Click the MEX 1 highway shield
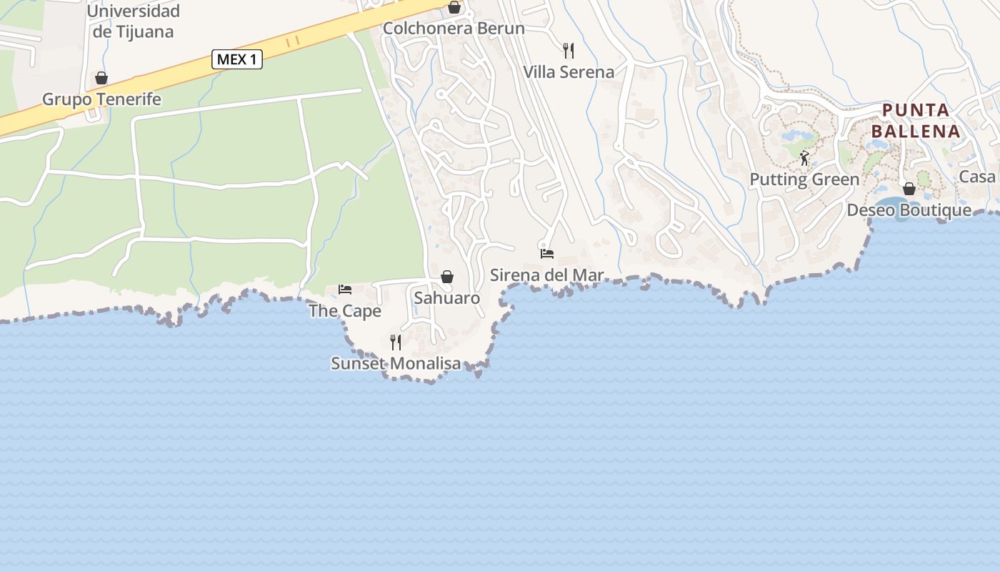pos(237,59)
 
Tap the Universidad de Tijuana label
pos(133,21)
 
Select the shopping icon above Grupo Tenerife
pos(101,78)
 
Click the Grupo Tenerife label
pos(101,99)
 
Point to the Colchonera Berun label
pos(454,29)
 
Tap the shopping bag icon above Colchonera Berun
pos(454,8)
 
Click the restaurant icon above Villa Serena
pos(569,51)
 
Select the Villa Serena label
pos(569,72)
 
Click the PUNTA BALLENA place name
pos(916,121)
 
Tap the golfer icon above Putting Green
pos(805,158)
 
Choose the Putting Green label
pos(804,179)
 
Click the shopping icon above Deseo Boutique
pos(909,189)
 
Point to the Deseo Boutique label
pos(909,210)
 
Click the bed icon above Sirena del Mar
pos(547,254)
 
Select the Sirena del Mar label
pos(547,275)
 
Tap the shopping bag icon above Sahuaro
pos(447,277)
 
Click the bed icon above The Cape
pos(345,290)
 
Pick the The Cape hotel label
pos(345,312)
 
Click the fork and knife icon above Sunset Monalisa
pos(396,342)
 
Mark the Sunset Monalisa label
pos(396,364)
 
